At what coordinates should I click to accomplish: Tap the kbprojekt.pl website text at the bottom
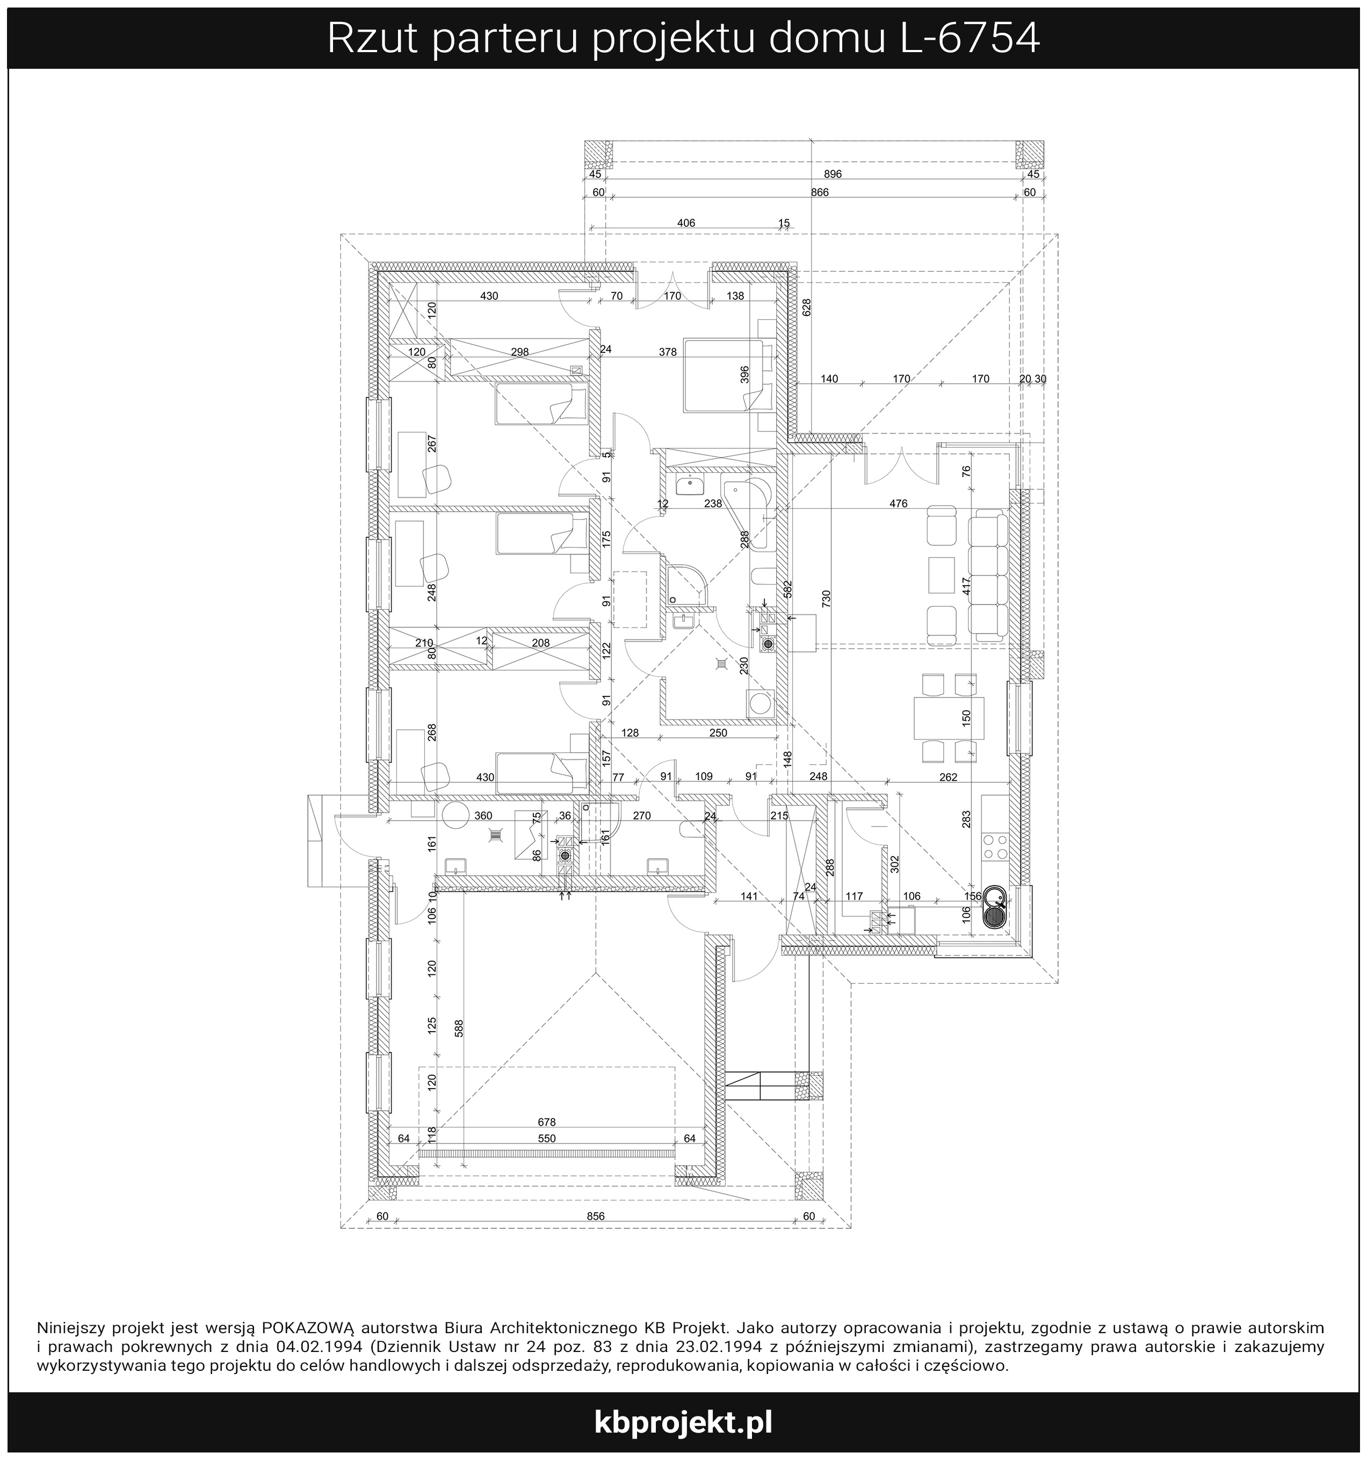[683, 1423]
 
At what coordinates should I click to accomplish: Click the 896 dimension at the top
[833, 174]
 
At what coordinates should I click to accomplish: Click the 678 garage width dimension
[547, 1121]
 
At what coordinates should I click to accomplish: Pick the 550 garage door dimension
[547, 1138]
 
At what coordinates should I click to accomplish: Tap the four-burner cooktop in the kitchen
[995, 845]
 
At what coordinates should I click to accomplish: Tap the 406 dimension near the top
[686, 223]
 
